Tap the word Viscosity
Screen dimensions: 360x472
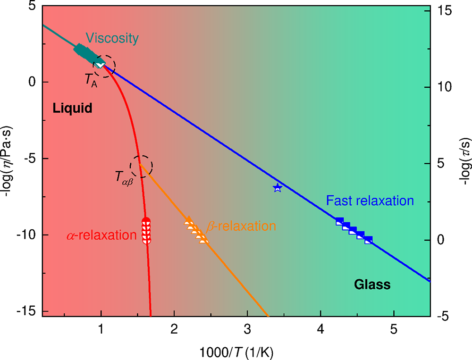[x=112, y=38]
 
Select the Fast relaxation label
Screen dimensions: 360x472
[x=370, y=201]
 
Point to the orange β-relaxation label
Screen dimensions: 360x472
[x=241, y=226]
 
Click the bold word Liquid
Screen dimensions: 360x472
[x=72, y=109]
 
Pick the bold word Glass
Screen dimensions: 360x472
[x=372, y=285]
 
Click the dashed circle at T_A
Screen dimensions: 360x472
[x=104, y=66]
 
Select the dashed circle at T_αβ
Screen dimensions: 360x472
[x=142, y=166]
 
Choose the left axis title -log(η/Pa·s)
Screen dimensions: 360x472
[x=8, y=160]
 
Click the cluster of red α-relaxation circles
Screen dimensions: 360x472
[x=146, y=231]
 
